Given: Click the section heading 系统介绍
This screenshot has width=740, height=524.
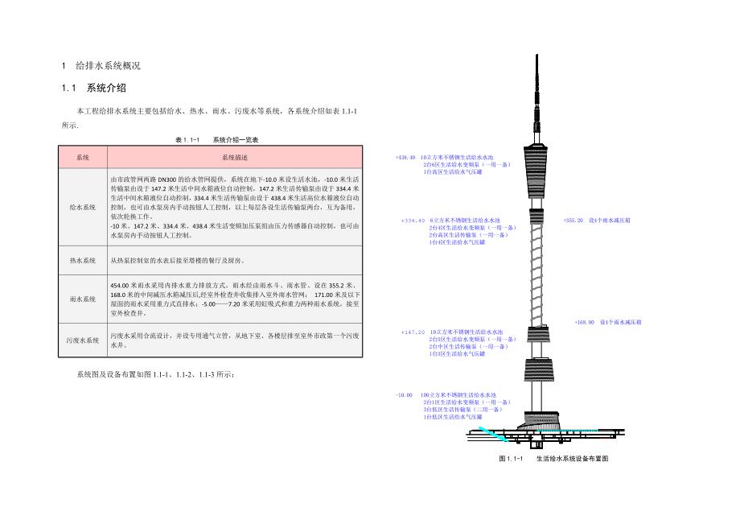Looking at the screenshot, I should pyautogui.click(x=106, y=88).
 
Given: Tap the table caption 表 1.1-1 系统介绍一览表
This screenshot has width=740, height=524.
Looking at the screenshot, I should pyautogui.click(x=216, y=139).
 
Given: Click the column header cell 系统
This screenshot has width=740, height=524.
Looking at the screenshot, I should pyautogui.click(x=82, y=157).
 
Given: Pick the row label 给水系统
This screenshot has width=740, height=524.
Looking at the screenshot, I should pyautogui.click(x=82, y=207).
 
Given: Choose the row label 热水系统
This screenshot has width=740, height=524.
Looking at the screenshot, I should pyautogui.click(x=82, y=261).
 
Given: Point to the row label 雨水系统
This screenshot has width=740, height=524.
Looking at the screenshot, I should pyautogui.click(x=82, y=298).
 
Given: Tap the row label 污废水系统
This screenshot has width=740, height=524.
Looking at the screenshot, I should pyautogui.click(x=82, y=340).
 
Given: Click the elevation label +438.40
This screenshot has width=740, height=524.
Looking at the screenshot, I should pyautogui.click(x=405, y=157).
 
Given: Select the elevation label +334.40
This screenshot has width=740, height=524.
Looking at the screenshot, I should pyautogui.click(x=412, y=220).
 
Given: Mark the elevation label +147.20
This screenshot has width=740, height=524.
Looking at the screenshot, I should pyautogui.click(x=412, y=332).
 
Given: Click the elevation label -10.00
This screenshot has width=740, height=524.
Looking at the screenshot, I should pyautogui.click(x=404, y=395).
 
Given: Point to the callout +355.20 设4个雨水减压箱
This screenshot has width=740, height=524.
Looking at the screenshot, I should pyautogui.click(x=597, y=220).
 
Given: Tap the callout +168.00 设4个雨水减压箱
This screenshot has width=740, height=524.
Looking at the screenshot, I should pyautogui.click(x=608, y=321).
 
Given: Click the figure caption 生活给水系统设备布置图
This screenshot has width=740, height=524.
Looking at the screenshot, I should pyautogui.click(x=572, y=458).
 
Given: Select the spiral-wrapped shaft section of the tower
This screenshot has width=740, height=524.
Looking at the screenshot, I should pyautogui.click(x=534, y=266).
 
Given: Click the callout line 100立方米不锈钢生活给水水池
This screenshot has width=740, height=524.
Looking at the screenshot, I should pyautogui.click(x=464, y=395).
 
